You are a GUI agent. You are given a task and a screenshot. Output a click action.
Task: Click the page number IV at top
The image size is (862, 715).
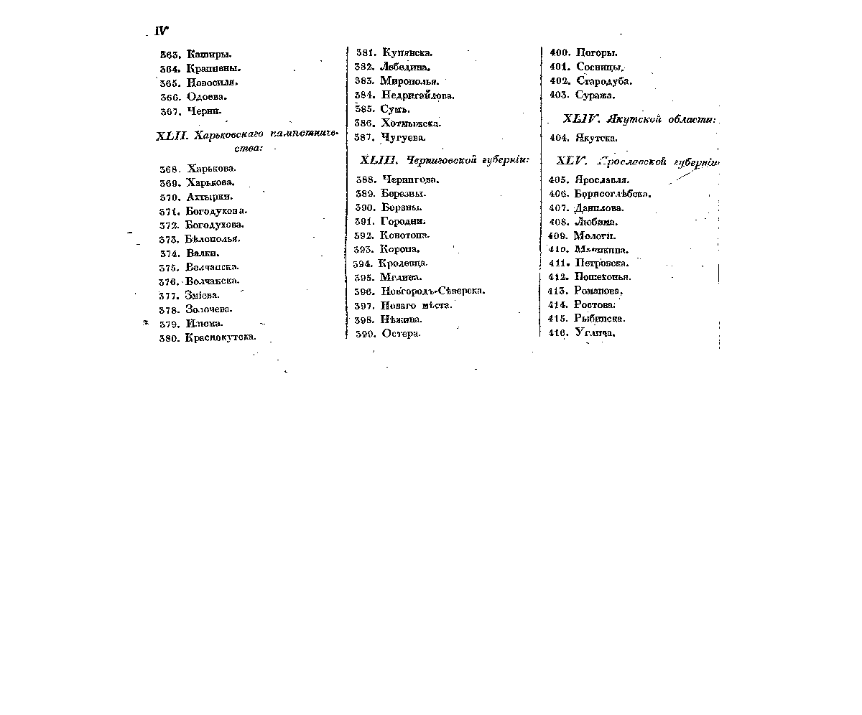(x=162, y=31)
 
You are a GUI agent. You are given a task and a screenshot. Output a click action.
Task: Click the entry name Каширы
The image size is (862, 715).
(x=209, y=54)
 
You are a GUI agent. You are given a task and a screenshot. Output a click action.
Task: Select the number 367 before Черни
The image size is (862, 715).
(x=169, y=111)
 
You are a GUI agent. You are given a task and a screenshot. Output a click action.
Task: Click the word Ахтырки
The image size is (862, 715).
(x=209, y=197)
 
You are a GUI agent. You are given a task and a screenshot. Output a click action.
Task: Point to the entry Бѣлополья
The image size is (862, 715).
(x=212, y=238)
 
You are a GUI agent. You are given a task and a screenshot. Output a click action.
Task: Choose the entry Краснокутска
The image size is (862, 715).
(x=221, y=337)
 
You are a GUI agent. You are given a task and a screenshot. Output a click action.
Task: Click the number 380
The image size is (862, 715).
(x=169, y=337)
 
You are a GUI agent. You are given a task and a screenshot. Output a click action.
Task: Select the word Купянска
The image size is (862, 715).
(x=407, y=52)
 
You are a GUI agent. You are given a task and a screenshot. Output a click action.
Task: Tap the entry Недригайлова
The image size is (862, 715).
(x=417, y=95)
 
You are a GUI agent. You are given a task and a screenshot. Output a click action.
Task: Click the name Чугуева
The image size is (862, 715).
(x=403, y=137)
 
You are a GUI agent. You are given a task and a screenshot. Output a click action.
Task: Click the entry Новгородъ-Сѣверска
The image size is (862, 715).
(x=433, y=291)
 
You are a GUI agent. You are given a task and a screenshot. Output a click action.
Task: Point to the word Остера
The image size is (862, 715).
(x=401, y=334)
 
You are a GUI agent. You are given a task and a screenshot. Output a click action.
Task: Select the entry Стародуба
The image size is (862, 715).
(x=604, y=81)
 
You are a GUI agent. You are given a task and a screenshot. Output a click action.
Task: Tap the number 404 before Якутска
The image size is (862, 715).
(x=560, y=138)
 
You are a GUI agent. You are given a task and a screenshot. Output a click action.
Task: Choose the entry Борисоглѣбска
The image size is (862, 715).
(x=613, y=194)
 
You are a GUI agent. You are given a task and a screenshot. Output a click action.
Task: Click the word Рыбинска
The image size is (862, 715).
(x=600, y=319)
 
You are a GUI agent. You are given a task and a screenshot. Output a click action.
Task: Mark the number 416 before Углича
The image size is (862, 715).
(x=558, y=333)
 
